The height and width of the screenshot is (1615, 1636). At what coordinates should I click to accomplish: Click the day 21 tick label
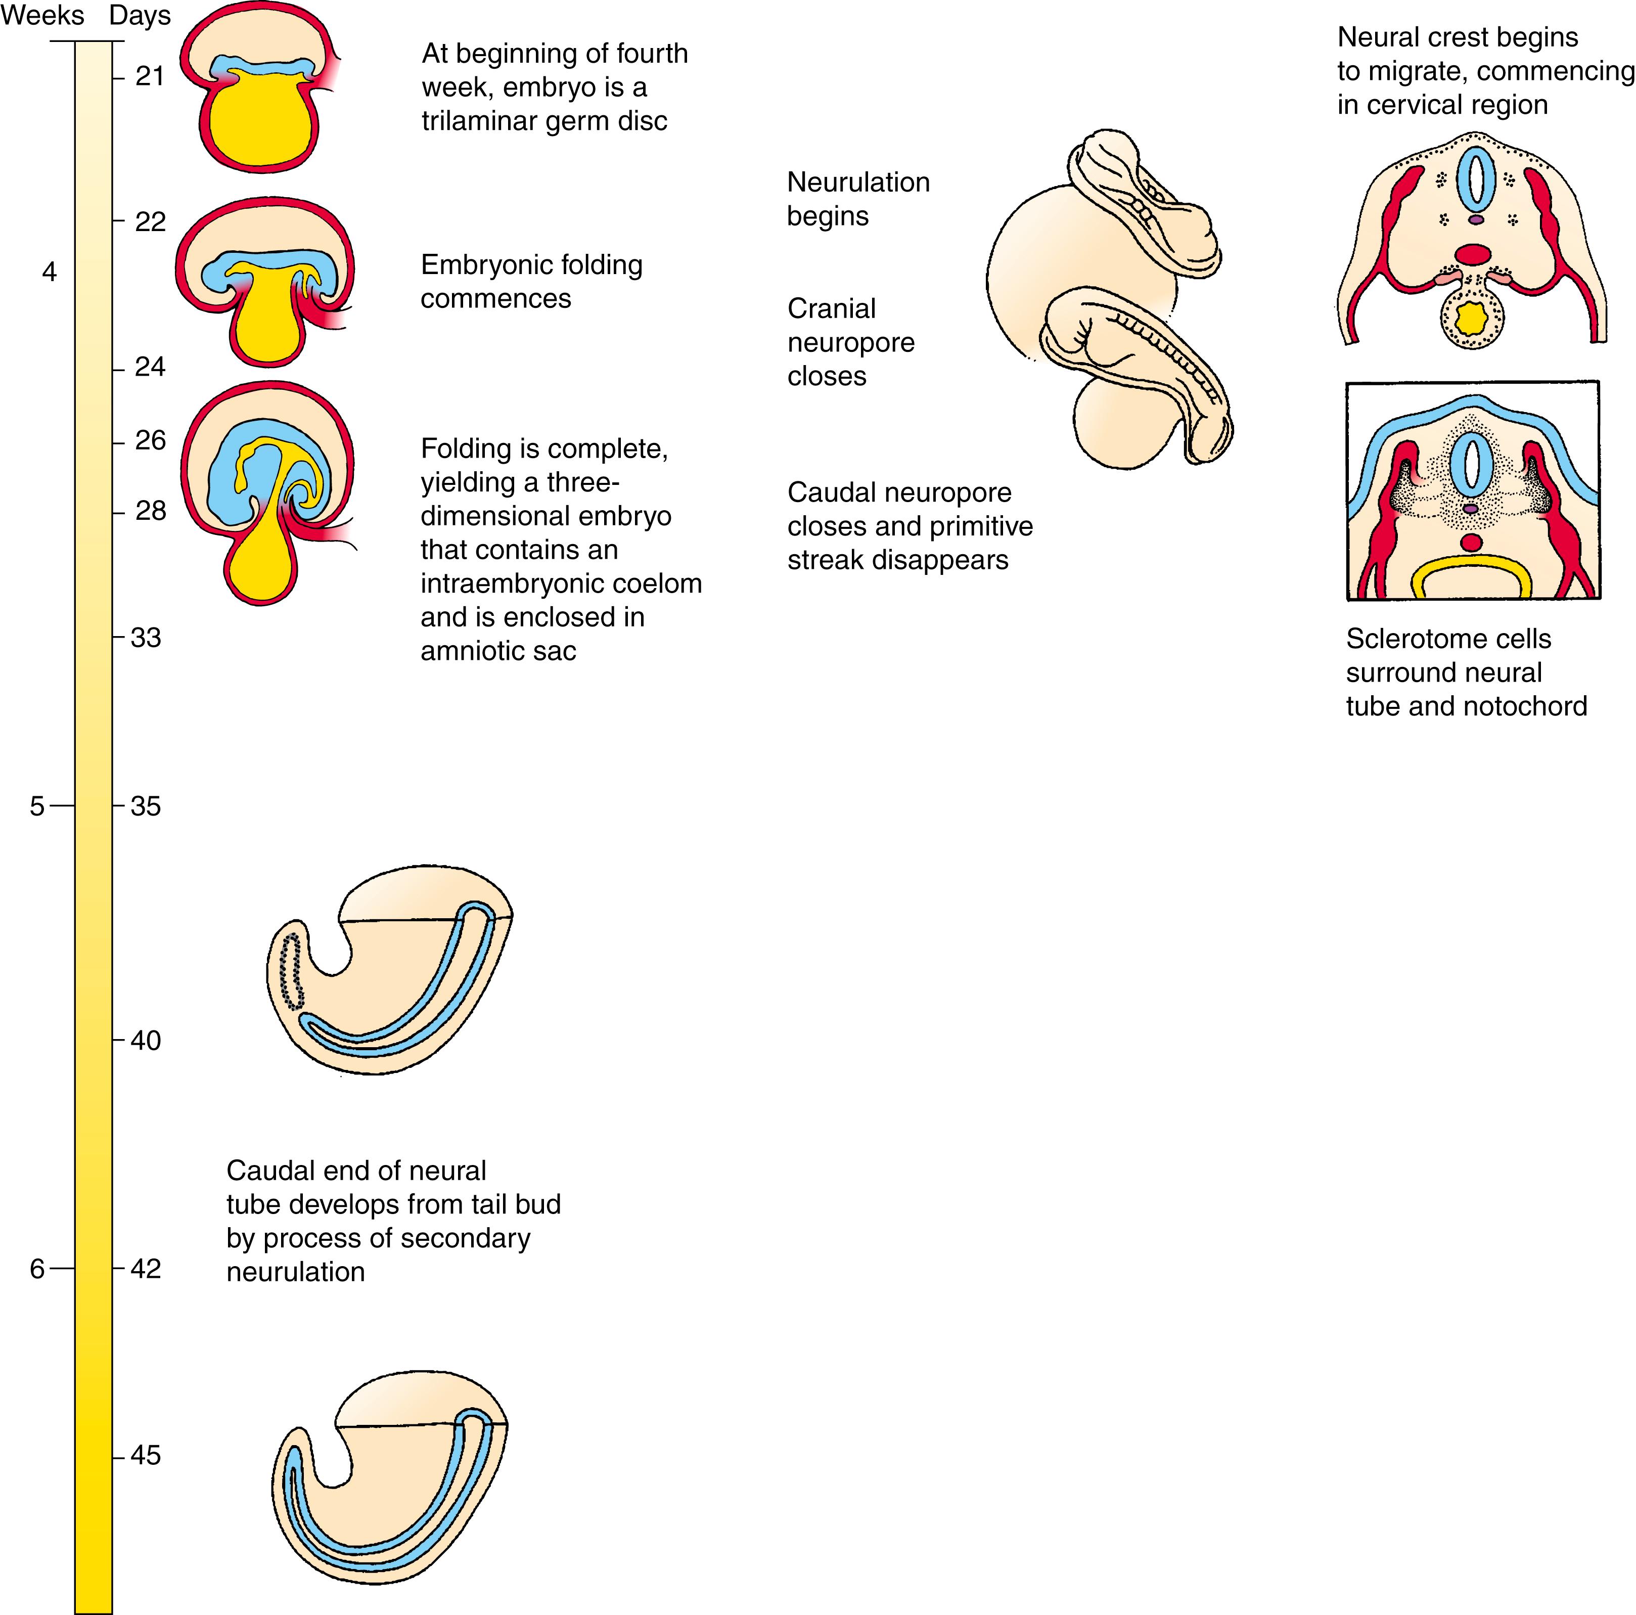pyautogui.click(x=149, y=76)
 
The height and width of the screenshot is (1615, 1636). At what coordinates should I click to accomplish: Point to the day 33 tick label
pyautogui.click(x=146, y=637)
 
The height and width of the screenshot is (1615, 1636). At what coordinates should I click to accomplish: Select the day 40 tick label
pyautogui.click(x=146, y=1040)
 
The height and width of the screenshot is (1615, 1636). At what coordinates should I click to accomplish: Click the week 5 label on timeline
pyautogui.click(x=36, y=805)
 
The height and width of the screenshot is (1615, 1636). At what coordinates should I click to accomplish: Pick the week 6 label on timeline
pyautogui.click(x=36, y=1269)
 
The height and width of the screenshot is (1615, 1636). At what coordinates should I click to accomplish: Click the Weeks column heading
pyautogui.click(x=42, y=15)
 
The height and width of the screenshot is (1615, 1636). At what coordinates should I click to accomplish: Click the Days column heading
pyautogui.click(x=140, y=15)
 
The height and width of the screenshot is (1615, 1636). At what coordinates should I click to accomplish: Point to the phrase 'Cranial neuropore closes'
pyautogui.click(x=850, y=342)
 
